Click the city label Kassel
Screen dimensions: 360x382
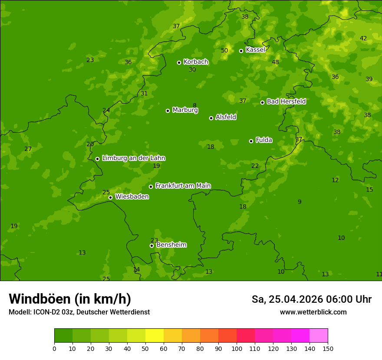pyautogui.click(x=255, y=50)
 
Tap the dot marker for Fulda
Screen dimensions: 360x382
pyautogui.click(x=251, y=141)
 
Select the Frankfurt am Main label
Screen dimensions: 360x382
pyautogui.click(x=183, y=186)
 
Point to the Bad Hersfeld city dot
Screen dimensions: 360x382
pyautogui.click(x=262, y=102)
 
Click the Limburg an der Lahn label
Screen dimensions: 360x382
pyautogui.click(x=133, y=158)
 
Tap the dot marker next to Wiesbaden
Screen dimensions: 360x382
pyautogui.click(x=110, y=197)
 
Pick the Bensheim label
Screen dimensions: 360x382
pyautogui.click(x=171, y=245)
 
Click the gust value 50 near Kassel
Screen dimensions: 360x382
pyautogui.click(x=224, y=50)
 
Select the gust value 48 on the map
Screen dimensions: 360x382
pyautogui.click(x=275, y=62)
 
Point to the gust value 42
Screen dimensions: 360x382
pyautogui.click(x=363, y=38)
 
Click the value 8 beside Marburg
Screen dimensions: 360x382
pyautogui.click(x=194, y=105)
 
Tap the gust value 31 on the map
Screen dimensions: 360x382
pyautogui.click(x=144, y=93)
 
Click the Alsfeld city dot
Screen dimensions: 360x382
pyautogui.click(x=211, y=118)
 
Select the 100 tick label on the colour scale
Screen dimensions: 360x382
pyautogui.click(x=237, y=348)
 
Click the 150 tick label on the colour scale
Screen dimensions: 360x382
pyautogui.click(x=328, y=348)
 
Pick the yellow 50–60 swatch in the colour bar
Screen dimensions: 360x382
pyautogui.click(x=155, y=336)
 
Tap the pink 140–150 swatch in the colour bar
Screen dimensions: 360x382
pyautogui.click(x=319, y=336)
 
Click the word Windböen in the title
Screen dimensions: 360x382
pyautogui.click(x=40, y=299)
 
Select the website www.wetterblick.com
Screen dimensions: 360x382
pyautogui.click(x=313, y=312)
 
